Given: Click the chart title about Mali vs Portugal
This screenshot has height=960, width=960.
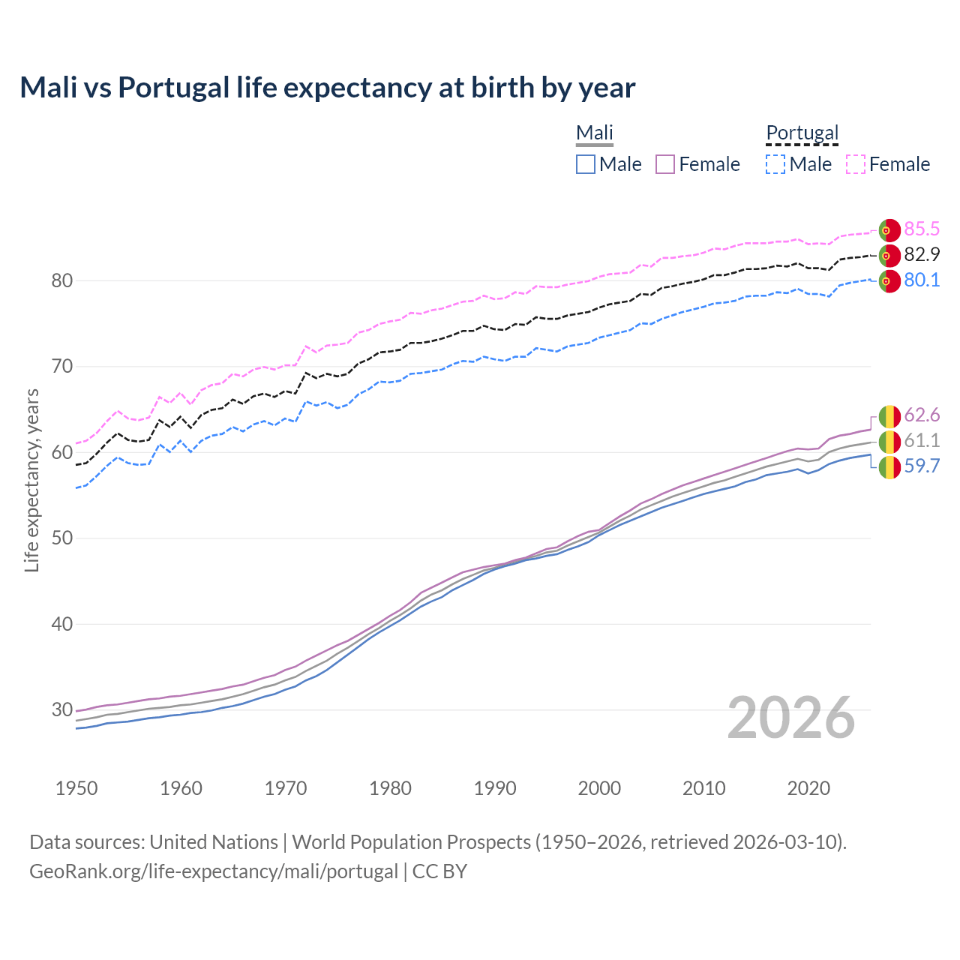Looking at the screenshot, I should (x=328, y=88).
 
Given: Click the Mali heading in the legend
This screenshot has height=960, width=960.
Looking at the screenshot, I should (x=595, y=133).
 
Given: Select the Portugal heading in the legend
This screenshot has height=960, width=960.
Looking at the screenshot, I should (x=802, y=133).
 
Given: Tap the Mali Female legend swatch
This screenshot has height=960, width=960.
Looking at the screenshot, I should (x=665, y=164).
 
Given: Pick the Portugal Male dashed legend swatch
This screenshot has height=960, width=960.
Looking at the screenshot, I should (x=775, y=164).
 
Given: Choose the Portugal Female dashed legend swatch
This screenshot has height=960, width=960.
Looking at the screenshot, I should (x=856, y=164).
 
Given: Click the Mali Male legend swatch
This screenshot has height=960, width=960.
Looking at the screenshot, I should (x=586, y=164).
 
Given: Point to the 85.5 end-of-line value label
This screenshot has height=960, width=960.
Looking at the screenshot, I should (x=922, y=229).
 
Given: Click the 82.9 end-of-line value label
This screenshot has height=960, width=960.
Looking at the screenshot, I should (x=922, y=254).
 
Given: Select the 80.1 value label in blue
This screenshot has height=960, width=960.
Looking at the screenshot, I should (x=922, y=280).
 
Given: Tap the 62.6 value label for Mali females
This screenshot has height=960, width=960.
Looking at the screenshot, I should (x=922, y=415).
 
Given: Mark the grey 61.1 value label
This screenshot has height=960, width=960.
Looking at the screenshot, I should (x=922, y=440).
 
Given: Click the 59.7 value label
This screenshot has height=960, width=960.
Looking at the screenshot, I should (x=922, y=466).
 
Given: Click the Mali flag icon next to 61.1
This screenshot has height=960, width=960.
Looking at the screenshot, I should (x=889, y=441).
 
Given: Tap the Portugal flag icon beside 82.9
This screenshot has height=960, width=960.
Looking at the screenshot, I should (x=889, y=255).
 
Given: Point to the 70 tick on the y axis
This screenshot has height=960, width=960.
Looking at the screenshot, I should (x=61, y=367).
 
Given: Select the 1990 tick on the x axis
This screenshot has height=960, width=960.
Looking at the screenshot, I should (x=495, y=788).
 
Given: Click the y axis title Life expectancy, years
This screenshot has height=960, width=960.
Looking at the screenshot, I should (x=31, y=480).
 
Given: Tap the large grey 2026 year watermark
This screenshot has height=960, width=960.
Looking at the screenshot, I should (x=790, y=718).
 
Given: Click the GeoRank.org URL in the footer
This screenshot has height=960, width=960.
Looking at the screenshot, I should (x=214, y=871).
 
